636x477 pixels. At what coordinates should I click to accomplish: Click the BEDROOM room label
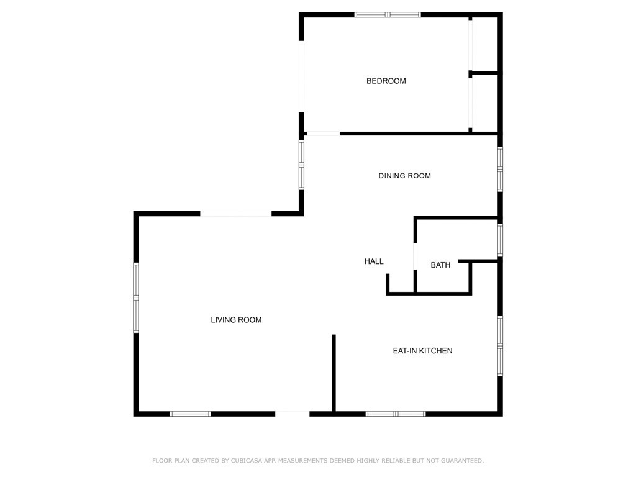pos(386,81)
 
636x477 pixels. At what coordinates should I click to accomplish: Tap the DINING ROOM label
pos(404,176)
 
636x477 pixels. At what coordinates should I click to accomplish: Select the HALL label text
pos(374,261)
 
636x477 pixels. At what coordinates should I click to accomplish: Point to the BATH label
pos(440,265)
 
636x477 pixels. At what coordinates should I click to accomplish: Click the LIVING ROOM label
pos(236,320)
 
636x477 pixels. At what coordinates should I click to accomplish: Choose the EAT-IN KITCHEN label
pos(422,351)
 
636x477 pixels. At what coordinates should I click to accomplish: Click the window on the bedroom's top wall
pos(388,14)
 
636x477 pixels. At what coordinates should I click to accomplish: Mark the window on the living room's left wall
pos(136,298)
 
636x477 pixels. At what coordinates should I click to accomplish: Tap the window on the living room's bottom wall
pos(191,414)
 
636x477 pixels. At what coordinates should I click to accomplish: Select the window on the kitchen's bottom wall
pos(396,414)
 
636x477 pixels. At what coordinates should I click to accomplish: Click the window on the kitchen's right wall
pos(500,346)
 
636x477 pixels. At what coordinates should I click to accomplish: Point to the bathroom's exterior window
pos(500,240)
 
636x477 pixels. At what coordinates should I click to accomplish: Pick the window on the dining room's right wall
pos(500,169)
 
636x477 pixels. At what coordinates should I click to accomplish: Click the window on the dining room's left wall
pos(302,165)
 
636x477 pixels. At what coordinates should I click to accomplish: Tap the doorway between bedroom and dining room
pos(323,134)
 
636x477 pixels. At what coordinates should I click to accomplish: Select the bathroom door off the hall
pos(414,256)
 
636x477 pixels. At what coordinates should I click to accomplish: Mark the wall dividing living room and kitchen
pos(334,373)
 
